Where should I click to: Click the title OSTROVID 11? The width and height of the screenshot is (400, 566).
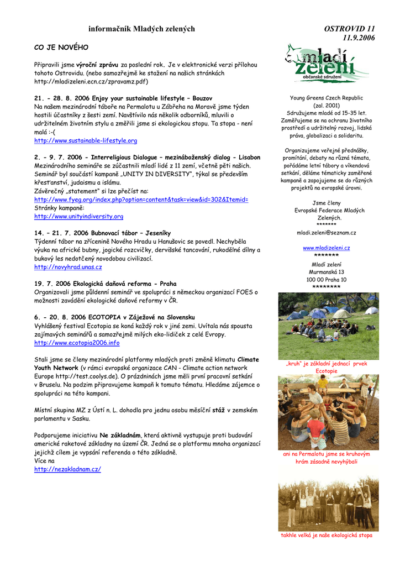(349, 29)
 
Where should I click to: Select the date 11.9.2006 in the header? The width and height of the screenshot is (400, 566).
(359, 38)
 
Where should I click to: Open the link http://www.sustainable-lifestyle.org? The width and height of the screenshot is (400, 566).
(86, 140)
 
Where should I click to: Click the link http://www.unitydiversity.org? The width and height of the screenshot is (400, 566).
(78, 216)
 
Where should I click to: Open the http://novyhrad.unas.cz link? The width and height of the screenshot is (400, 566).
(68, 267)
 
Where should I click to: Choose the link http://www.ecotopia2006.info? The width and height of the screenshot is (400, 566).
(77, 343)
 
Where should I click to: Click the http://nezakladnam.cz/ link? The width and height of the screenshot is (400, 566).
(67, 469)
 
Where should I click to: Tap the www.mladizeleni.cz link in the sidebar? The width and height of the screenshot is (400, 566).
(326, 248)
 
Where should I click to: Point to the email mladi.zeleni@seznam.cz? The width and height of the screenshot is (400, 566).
(326, 233)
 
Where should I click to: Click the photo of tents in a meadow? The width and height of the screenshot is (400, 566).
(328, 326)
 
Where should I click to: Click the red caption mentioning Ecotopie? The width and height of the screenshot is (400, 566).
(326, 368)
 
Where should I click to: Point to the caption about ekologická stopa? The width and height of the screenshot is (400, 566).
(326, 536)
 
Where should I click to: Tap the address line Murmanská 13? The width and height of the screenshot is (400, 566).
(326, 272)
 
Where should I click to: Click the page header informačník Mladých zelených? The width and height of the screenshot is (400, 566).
(141, 29)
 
